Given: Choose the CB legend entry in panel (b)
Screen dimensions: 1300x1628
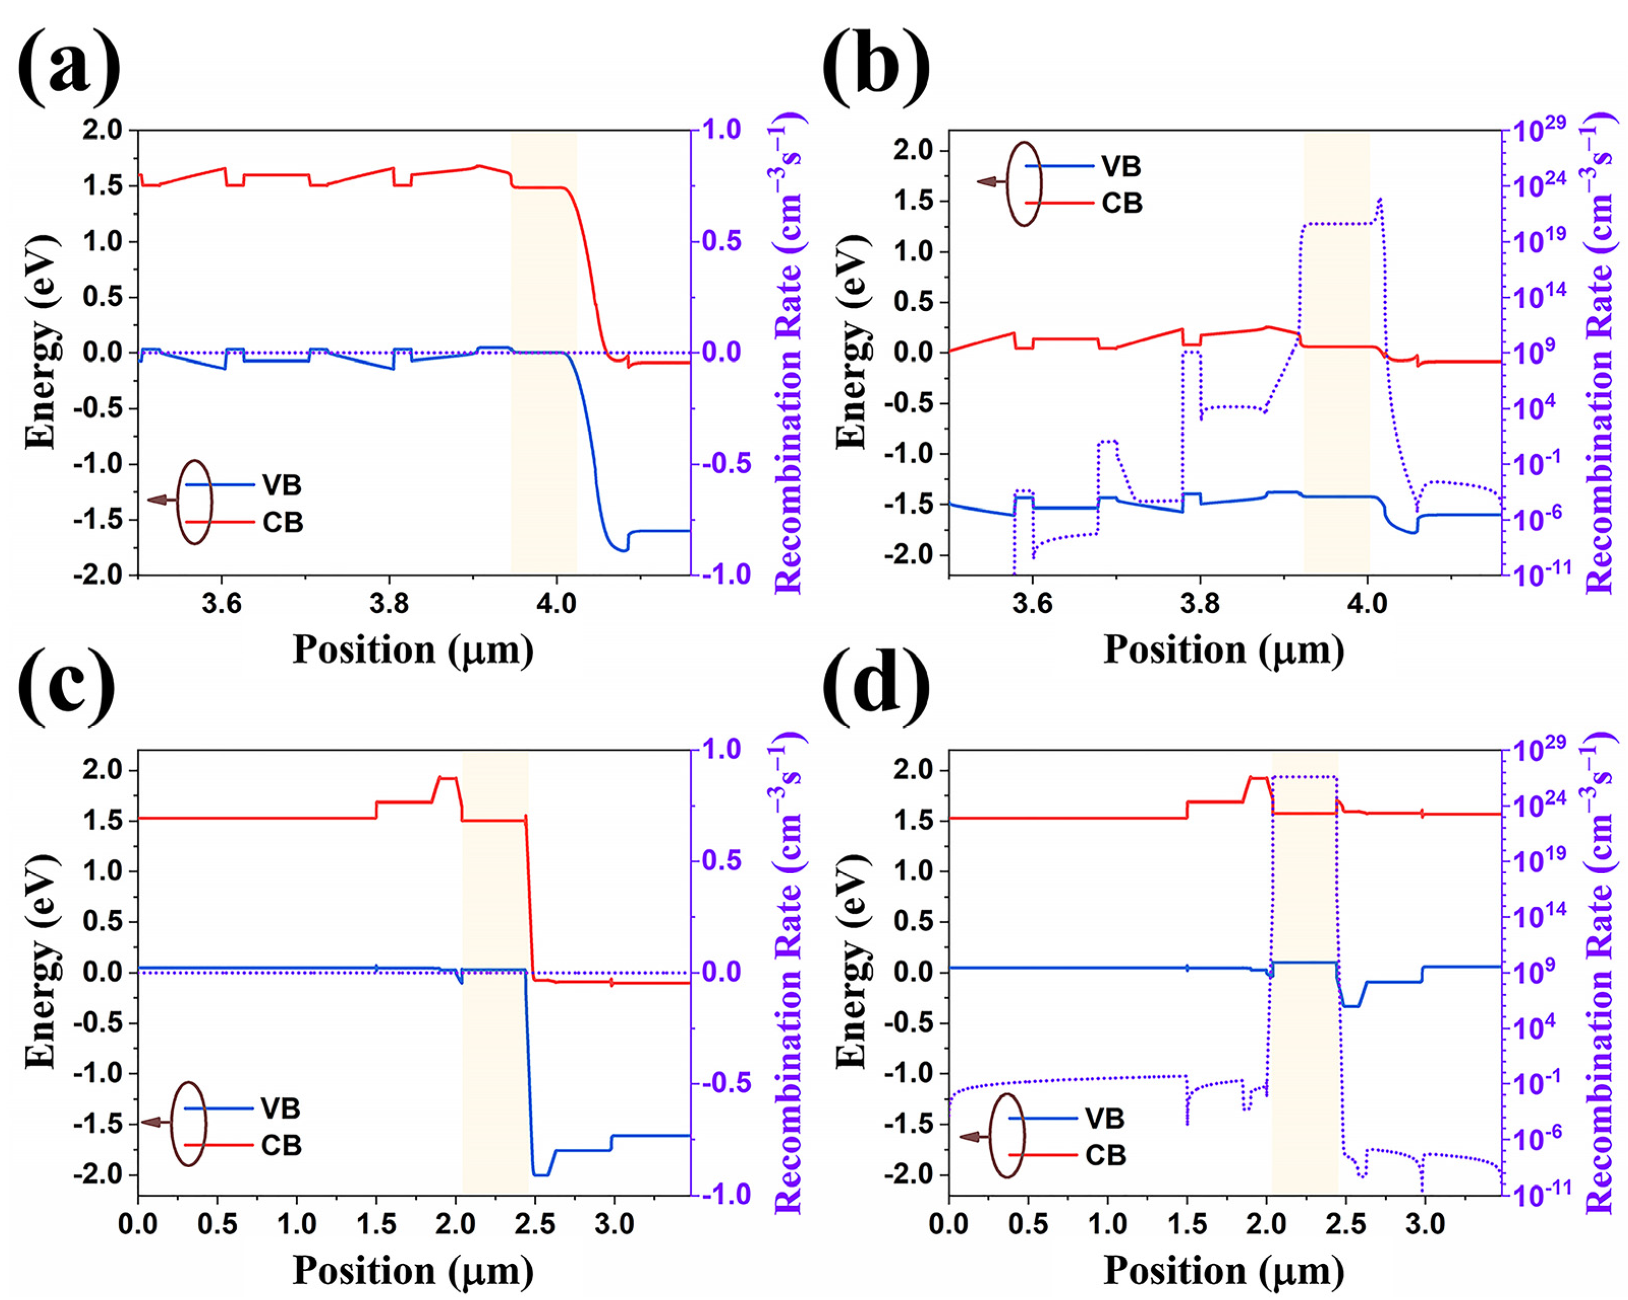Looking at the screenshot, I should click(1121, 203).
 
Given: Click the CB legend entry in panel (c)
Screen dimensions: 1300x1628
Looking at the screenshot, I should click(281, 1146).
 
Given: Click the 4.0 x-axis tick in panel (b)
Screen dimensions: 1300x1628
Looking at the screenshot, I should click(1367, 605).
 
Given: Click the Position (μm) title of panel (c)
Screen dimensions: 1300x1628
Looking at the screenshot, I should click(413, 1270).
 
